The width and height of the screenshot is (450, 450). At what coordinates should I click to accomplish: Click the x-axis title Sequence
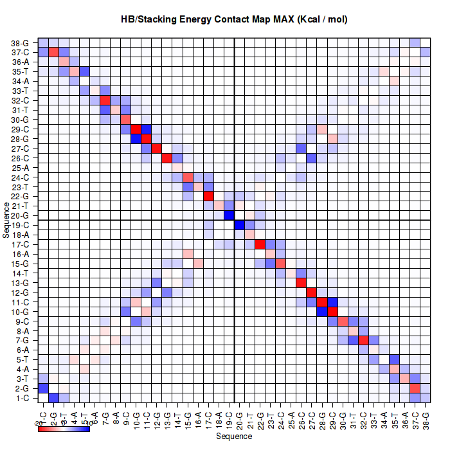[234, 437]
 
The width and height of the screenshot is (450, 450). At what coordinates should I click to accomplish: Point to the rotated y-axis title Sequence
[6, 220]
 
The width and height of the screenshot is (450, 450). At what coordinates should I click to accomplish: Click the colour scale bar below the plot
[64, 429]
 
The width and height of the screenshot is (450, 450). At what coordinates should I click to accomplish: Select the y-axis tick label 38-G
[20, 42]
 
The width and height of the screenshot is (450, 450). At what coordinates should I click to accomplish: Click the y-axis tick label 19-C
[20, 225]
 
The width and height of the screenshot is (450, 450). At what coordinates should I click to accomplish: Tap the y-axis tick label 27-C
[20, 148]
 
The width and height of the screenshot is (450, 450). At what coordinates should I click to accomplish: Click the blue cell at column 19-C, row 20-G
[229, 215]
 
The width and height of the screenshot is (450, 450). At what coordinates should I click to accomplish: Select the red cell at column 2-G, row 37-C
[54, 52]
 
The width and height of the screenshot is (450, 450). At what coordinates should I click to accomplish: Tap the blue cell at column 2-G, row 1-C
[54, 398]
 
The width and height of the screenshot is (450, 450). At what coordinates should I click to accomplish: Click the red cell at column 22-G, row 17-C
[260, 244]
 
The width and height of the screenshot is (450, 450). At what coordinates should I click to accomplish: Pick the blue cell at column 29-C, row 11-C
[332, 302]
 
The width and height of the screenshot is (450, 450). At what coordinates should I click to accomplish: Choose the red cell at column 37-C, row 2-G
[415, 388]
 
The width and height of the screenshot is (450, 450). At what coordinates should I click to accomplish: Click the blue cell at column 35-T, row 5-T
[394, 359]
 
